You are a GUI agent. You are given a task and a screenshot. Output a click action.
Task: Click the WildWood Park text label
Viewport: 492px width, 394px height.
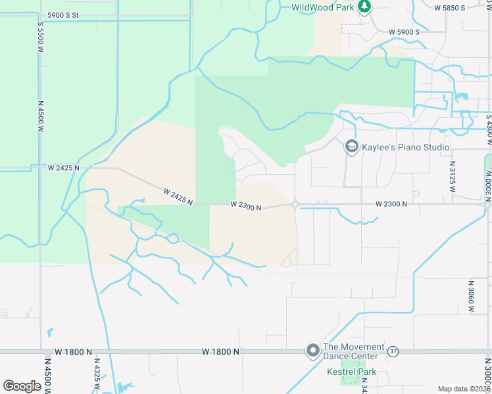coord(323,7)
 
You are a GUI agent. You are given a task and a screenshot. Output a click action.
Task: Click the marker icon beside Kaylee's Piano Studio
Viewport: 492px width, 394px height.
coord(351,146)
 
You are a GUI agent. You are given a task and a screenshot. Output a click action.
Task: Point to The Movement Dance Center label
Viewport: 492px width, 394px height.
coord(354,351)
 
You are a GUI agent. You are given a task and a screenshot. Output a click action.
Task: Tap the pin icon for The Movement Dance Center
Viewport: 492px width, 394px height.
coord(312,351)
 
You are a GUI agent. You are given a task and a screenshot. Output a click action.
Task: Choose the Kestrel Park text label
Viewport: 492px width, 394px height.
coord(352,372)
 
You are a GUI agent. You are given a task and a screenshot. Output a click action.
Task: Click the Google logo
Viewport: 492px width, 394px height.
coord(22,386)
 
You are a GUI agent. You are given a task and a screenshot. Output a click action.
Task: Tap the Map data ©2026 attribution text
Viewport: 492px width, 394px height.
coord(464,389)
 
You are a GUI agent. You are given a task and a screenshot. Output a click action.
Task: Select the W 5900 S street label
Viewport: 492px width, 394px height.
coord(404,32)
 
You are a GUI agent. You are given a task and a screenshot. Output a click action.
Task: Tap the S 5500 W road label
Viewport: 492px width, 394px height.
coord(40,41)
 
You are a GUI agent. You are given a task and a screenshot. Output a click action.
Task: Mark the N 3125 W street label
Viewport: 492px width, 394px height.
coord(452,177)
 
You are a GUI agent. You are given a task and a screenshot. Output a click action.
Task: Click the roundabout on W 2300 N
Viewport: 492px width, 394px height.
coord(295,204)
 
